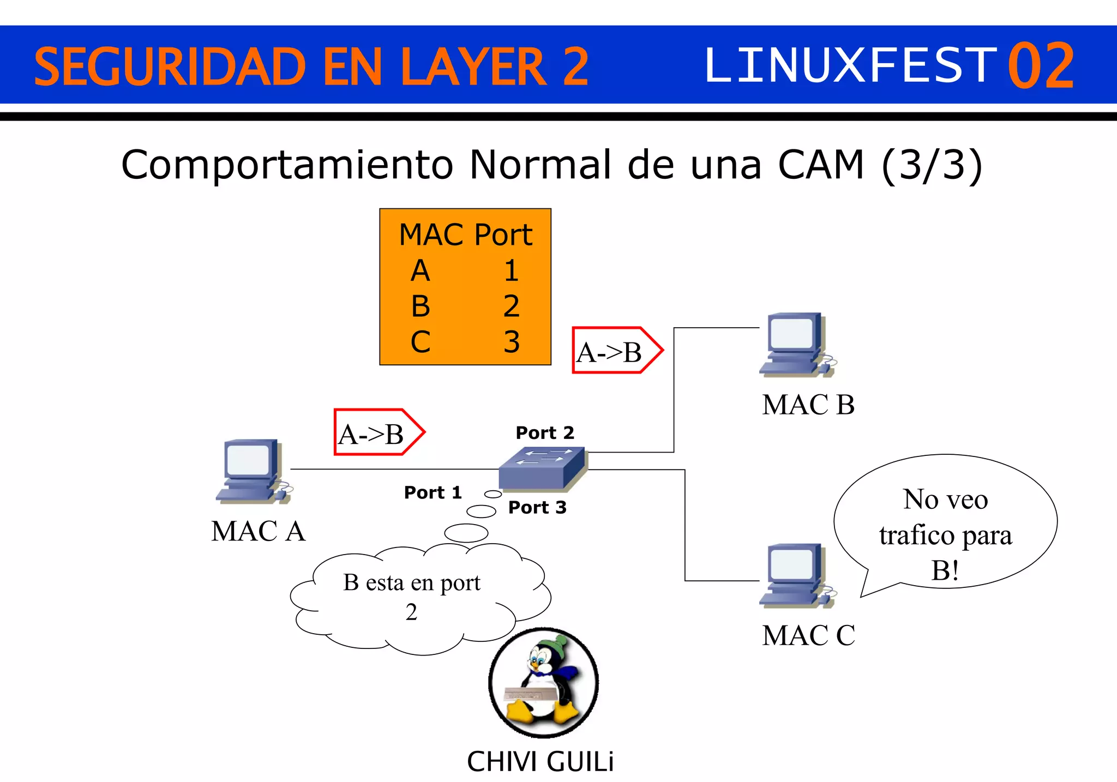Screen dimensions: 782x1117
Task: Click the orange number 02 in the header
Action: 1041,65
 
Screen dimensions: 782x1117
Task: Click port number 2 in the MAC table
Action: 511,306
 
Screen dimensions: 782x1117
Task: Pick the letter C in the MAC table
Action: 420,342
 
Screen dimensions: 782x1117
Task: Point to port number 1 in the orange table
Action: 511,270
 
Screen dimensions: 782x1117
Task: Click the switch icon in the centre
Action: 542,468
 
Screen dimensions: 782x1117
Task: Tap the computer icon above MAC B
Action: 796,345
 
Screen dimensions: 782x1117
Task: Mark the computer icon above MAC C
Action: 796,576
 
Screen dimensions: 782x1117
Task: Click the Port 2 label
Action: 545,432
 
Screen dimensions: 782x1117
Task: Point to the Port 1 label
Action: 433,492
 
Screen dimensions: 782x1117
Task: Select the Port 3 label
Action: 537,507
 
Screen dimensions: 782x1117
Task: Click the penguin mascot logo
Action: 543,682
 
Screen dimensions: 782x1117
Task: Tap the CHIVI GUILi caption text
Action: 540,761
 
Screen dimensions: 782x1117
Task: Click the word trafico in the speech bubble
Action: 916,535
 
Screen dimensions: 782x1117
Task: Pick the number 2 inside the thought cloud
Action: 411,612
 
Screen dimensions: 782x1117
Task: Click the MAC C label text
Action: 808,635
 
